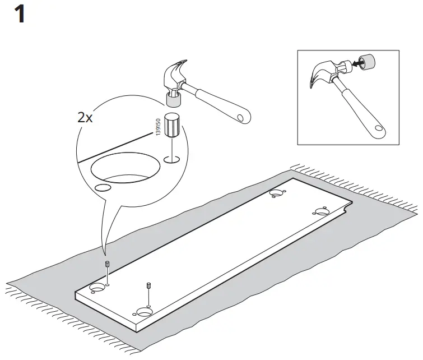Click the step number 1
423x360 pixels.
19,13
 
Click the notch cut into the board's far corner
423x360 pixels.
347,209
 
